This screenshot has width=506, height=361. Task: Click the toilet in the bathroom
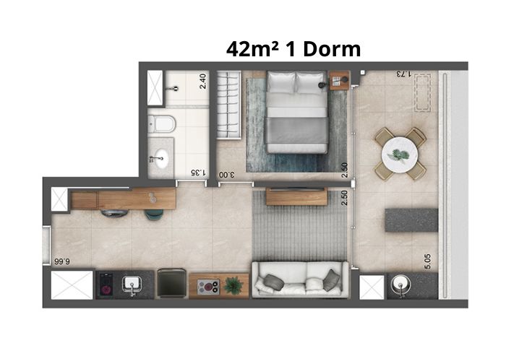click(x=162, y=124)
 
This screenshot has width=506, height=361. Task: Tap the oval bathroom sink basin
click(x=160, y=158)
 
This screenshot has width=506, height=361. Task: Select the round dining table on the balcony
click(x=400, y=155)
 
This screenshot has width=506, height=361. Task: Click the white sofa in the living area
click(x=300, y=279)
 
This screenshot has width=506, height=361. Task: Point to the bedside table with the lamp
click(x=339, y=80)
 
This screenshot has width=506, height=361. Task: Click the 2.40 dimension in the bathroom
click(x=202, y=81)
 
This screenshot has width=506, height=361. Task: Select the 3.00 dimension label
click(x=227, y=175)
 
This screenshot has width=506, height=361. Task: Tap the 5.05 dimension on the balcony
click(x=428, y=261)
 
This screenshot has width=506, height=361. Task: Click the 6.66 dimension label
click(x=62, y=261)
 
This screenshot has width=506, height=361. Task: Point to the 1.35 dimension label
click(x=198, y=173)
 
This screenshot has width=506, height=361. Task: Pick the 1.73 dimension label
click(x=403, y=74)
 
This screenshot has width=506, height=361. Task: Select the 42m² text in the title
click(x=253, y=49)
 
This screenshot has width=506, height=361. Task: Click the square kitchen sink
click(x=132, y=284)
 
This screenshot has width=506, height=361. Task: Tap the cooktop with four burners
click(x=208, y=287)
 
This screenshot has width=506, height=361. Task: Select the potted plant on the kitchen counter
click(x=233, y=285)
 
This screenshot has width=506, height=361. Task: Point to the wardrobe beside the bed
click(x=229, y=105)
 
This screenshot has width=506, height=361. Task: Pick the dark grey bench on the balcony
click(x=411, y=220)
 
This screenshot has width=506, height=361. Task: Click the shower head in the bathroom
click(x=175, y=88)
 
